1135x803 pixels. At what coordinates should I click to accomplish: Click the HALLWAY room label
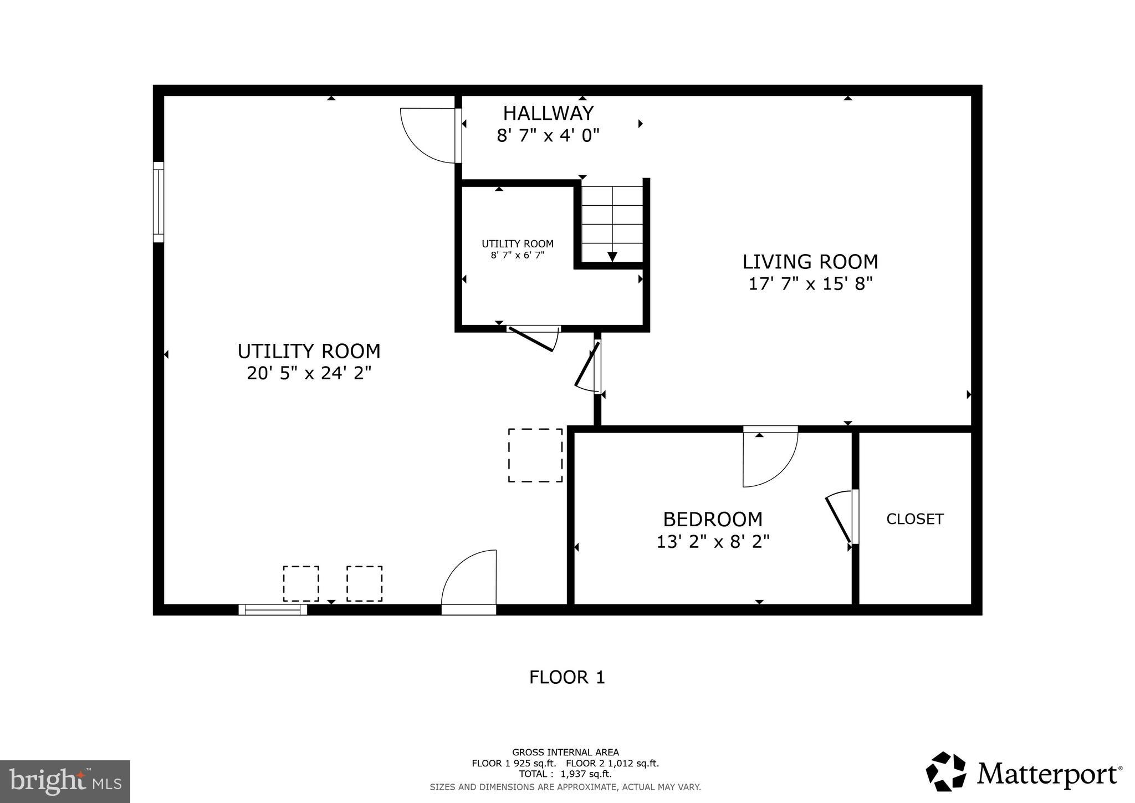[x=548, y=113]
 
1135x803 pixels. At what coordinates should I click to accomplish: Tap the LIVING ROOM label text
[x=810, y=262]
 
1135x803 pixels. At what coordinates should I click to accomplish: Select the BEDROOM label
[x=713, y=520]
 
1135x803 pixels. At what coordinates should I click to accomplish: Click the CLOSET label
[x=914, y=519]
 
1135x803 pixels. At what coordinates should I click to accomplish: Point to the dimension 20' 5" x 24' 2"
[x=309, y=373]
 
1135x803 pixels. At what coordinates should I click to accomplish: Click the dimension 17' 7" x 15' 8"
[x=810, y=284]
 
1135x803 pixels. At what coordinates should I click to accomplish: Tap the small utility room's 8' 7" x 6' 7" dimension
[x=517, y=255]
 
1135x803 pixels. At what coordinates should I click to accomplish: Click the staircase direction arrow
[x=612, y=256]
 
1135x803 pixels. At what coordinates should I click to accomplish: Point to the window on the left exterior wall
[x=159, y=202]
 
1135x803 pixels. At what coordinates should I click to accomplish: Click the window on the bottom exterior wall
[x=273, y=609]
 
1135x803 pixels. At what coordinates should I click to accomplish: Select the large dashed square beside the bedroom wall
[x=535, y=455]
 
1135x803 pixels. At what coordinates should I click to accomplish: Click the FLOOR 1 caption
[x=566, y=677]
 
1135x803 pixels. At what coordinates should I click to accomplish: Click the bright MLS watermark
[x=65, y=782]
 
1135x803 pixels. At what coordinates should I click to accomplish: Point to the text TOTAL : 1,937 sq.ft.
[x=565, y=774]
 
